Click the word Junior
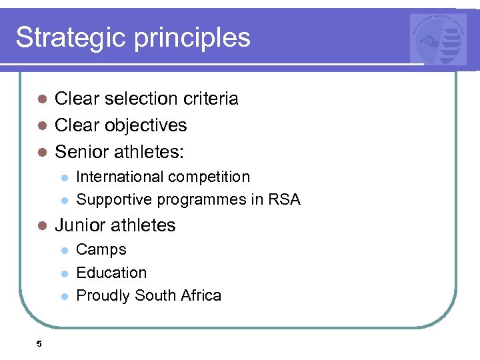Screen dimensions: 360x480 point(81,225)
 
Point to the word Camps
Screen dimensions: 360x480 point(101,251)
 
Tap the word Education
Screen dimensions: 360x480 point(111,273)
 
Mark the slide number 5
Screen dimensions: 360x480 point(39,344)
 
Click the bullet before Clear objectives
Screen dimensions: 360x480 point(41,125)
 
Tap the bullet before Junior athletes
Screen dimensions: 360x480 point(41,225)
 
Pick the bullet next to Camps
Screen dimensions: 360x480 point(64,250)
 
